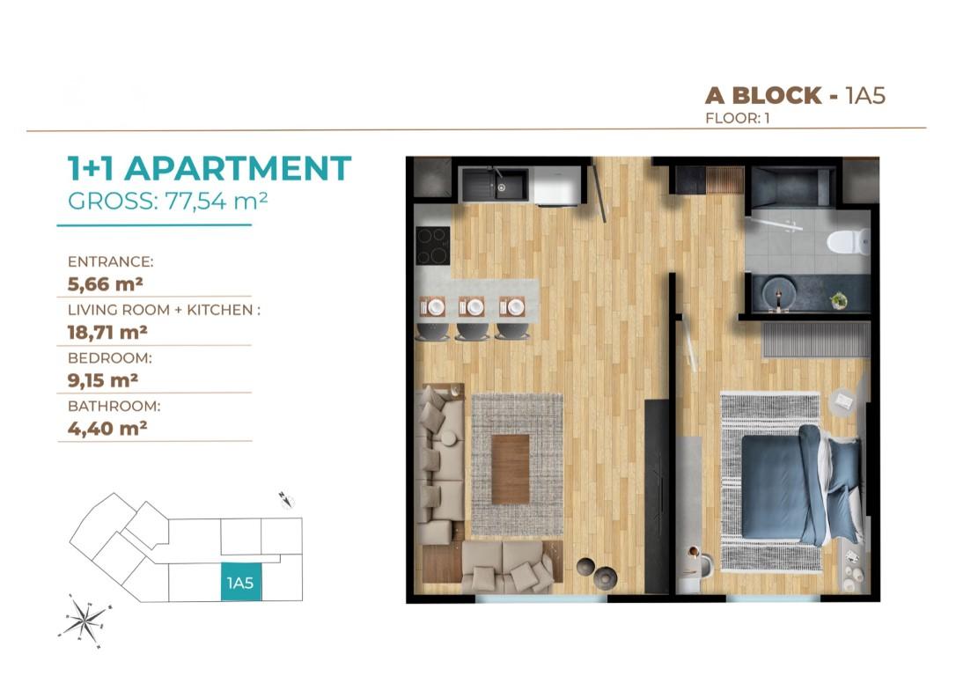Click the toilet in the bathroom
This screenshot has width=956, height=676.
[x=848, y=241]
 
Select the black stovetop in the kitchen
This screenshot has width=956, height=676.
[x=433, y=246]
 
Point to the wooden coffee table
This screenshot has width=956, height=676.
[x=511, y=469]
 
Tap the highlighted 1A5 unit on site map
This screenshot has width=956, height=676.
[x=241, y=581]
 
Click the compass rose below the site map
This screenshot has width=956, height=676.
[x=85, y=621]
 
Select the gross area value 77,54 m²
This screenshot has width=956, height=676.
[x=217, y=201]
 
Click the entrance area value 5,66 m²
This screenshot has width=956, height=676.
[x=106, y=284]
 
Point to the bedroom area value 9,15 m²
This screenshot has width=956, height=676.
[x=102, y=380]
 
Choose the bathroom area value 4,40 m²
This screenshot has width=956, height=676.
[x=107, y=429]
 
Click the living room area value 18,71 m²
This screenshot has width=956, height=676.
[x=107, y=332]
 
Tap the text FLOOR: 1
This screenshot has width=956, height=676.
[x=737, y=118]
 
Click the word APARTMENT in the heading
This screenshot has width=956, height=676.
[x=239, y=169]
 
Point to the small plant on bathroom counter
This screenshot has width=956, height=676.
[x=839, y=300]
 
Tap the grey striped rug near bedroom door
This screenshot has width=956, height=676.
[x=816, y=340]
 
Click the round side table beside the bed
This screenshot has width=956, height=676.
[x=844, y=401]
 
